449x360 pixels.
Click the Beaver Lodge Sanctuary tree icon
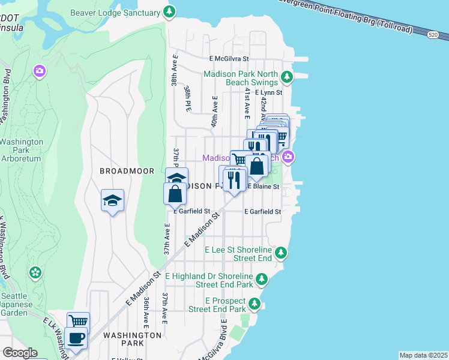point(170,11)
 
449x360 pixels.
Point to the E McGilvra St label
point(229,59)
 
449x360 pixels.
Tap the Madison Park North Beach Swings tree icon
point(287,77)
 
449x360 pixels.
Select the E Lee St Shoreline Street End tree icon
point(281,253)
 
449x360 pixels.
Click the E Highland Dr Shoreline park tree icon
point(262,279)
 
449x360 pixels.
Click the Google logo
point(19,353)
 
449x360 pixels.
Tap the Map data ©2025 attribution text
point(423,355)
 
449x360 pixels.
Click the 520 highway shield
point(433,35)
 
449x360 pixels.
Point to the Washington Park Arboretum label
point(20,150)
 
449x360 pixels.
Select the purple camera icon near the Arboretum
point(40,72)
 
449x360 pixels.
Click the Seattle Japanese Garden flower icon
point(35,272)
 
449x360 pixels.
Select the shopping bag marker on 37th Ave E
point(174,194)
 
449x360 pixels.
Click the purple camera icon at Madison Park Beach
point(289,157)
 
